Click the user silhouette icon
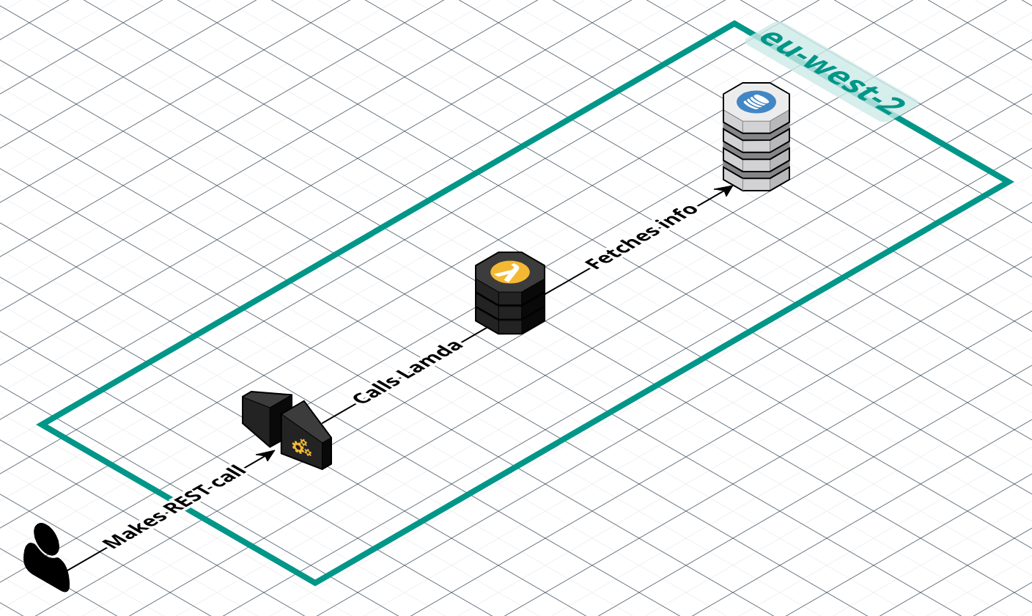click(x=46, y=557)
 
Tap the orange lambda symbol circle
click(x=510, y=272)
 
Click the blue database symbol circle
click(x=756, y=101)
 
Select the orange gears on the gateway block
click(x=301, y=447)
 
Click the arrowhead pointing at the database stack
click(x=726, y=189)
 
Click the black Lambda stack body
click(x=510, y=301)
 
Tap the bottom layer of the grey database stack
click(x=756, y=180)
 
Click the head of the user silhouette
click(x=46, y=538)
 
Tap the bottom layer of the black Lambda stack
click(x=510, y=323)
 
